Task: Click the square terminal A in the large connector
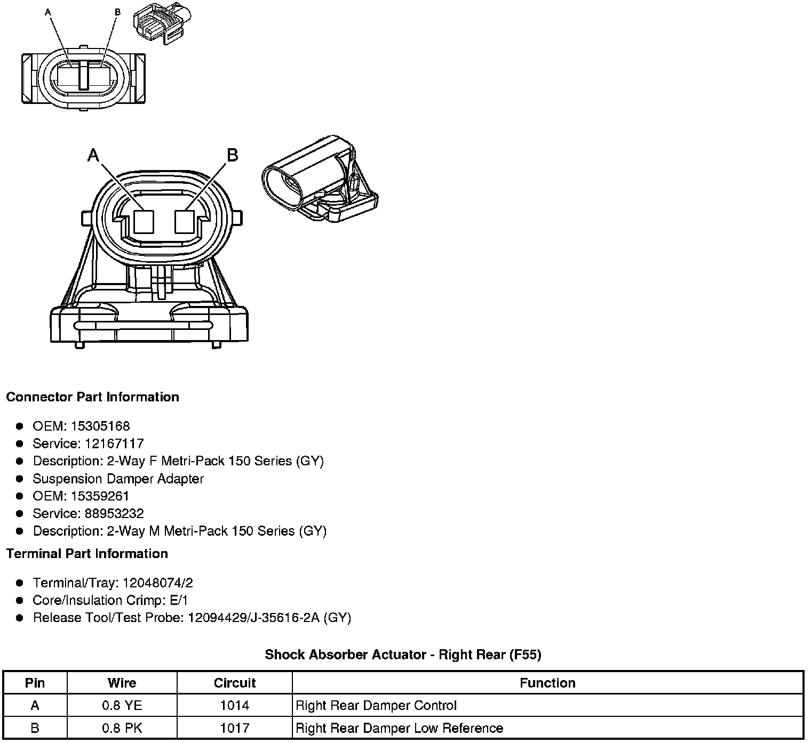coord(144,222)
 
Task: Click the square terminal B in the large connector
coord(185,221)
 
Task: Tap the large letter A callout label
coord(93,155)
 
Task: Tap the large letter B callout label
coord(233,155)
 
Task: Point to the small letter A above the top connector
coord(49,12)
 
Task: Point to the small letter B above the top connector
coord(118,12)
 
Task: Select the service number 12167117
coord(114,443)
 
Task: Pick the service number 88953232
coord(114,514)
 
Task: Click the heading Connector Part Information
coord(93,397)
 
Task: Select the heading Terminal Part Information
coord(87,554)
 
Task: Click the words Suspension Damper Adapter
coord(118,479)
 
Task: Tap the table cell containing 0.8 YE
coord(122,706)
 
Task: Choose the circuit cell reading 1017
coord(235,728)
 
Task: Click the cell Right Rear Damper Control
coord(376,706)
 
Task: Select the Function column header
coord(547,683)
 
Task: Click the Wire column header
coord(122,683)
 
